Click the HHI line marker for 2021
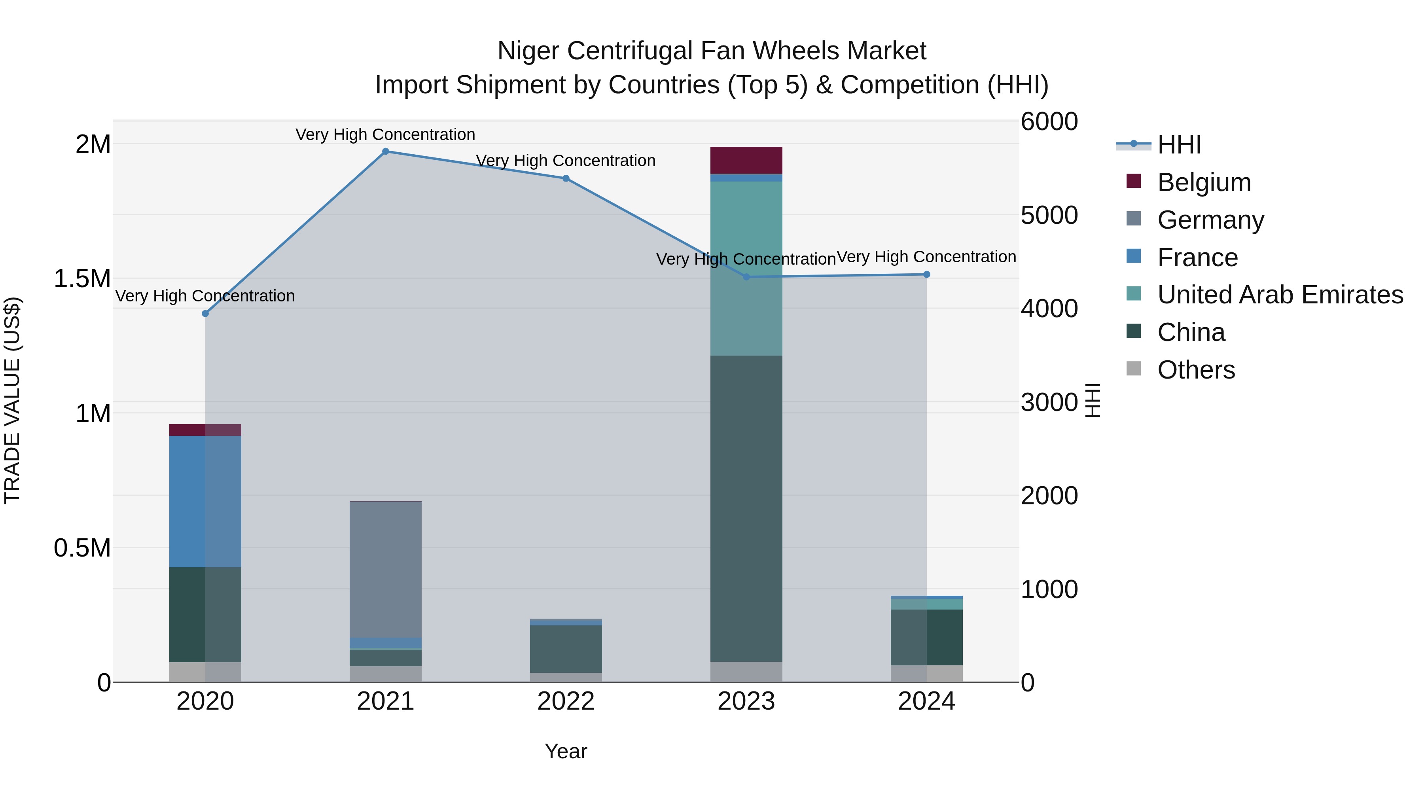[x=385, y=151]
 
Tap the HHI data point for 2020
[x=205, y=313]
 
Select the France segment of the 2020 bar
[x=205, y=502]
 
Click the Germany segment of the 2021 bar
[x=385, y=569]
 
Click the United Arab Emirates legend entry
[x=1280, y=295]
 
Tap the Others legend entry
[x=1196, y=370]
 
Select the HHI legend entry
[x=1179, y=145]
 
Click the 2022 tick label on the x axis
[x=566, y=701]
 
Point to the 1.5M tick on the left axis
[x=82, y=278]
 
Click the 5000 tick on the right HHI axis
[x=1049, y=215]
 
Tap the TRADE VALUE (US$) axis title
[x=12, y=400]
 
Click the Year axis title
[x=566, y=751]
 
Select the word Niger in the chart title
[x=530, y=51]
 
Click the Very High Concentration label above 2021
[x=385, y=134]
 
